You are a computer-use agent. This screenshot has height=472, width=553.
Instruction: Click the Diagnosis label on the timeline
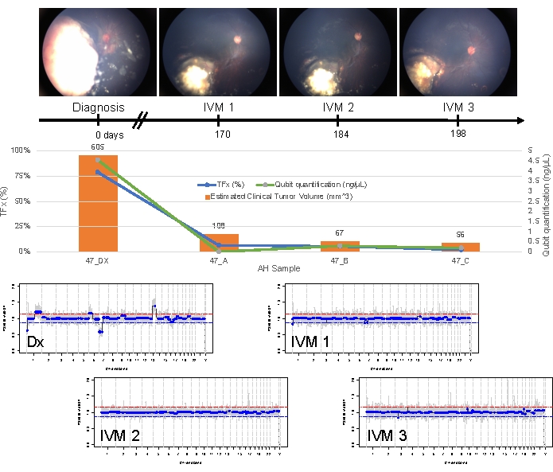99,107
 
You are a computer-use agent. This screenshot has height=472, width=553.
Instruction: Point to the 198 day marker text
458,134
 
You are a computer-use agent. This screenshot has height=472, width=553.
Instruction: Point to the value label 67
340,233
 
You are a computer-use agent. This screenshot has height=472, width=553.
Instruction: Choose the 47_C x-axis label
461,260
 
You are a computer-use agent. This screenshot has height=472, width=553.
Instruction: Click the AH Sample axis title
278,269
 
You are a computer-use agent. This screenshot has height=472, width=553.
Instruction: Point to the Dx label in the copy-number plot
36,342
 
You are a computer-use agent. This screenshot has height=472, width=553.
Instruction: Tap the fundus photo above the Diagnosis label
99,49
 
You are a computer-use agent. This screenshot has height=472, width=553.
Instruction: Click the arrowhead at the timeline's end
520,121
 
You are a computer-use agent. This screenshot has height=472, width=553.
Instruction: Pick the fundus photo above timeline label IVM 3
458,49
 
